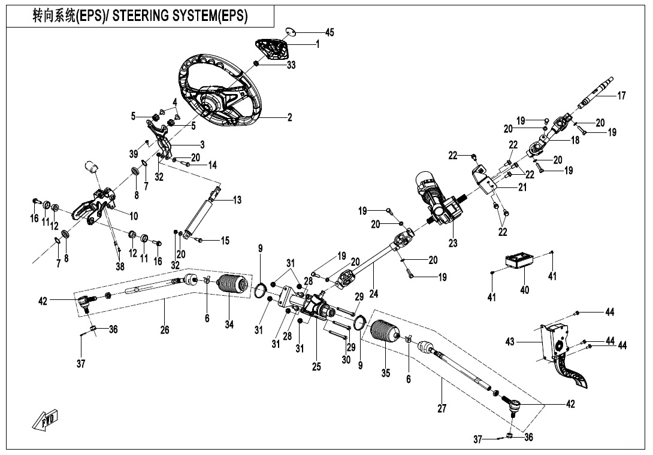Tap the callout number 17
point(621,96)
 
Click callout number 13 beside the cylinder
point(237,200)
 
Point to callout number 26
point(165,329)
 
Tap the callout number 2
point(289,118)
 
